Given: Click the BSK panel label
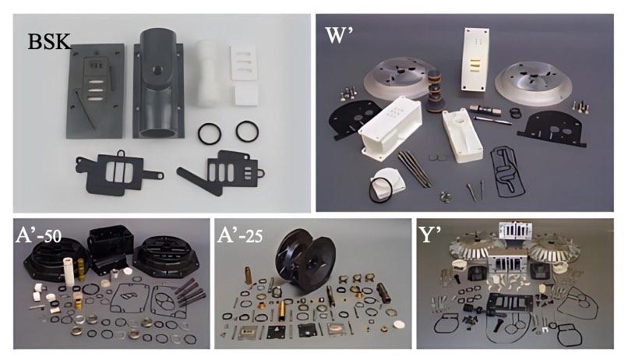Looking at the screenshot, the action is [49, 41].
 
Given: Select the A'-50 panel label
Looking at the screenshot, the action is [38, 235].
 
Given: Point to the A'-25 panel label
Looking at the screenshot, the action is [240, 235].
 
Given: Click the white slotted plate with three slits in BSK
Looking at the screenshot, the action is [243, 62].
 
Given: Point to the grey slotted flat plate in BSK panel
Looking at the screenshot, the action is [94, 91].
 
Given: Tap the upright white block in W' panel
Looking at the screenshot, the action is [476, 59].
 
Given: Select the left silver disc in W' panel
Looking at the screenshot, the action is [396, 79].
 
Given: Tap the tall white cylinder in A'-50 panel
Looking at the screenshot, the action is [69, 271].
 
